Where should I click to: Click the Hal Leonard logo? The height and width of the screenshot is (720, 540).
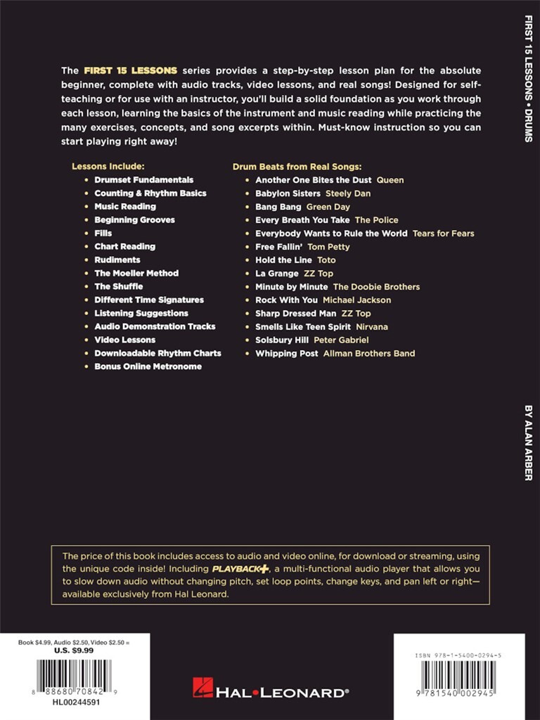271,692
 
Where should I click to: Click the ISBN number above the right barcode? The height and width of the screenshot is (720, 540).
458,655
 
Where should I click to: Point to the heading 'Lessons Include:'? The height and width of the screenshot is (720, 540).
108,167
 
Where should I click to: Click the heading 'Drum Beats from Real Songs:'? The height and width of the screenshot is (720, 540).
297,167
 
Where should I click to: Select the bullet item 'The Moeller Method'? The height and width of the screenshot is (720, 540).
136,274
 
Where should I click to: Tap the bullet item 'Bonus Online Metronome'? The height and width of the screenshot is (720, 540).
148,367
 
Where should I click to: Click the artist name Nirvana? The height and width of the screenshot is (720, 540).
371,327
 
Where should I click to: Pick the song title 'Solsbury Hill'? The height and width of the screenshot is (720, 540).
282,340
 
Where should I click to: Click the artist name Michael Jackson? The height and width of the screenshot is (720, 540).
356,300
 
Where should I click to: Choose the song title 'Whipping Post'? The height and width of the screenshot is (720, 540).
286,354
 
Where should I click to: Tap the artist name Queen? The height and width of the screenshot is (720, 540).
390,180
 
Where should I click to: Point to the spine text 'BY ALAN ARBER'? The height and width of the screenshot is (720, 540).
528,441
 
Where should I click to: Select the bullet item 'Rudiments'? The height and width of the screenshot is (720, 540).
117,260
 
